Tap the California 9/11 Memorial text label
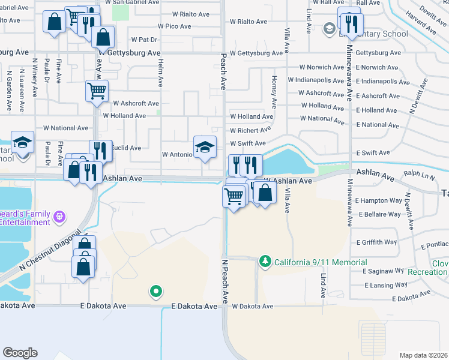(x=321, y=262)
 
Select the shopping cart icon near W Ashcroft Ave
(x=97, y=91)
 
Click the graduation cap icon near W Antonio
(x=205, y=147)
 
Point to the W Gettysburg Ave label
(x=256, y=53)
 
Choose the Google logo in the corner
(x=20, y=353)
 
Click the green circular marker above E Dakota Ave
(x=155, y=292)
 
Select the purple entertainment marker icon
(x=59, y=216)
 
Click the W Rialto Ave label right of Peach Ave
(x=249, y=22)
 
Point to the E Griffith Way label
(x=376, y=242)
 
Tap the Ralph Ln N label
(x=419, y=176)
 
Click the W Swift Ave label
(x=248, y=143)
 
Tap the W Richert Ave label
(x=250, y=130)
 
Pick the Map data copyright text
(x=423, y=355)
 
